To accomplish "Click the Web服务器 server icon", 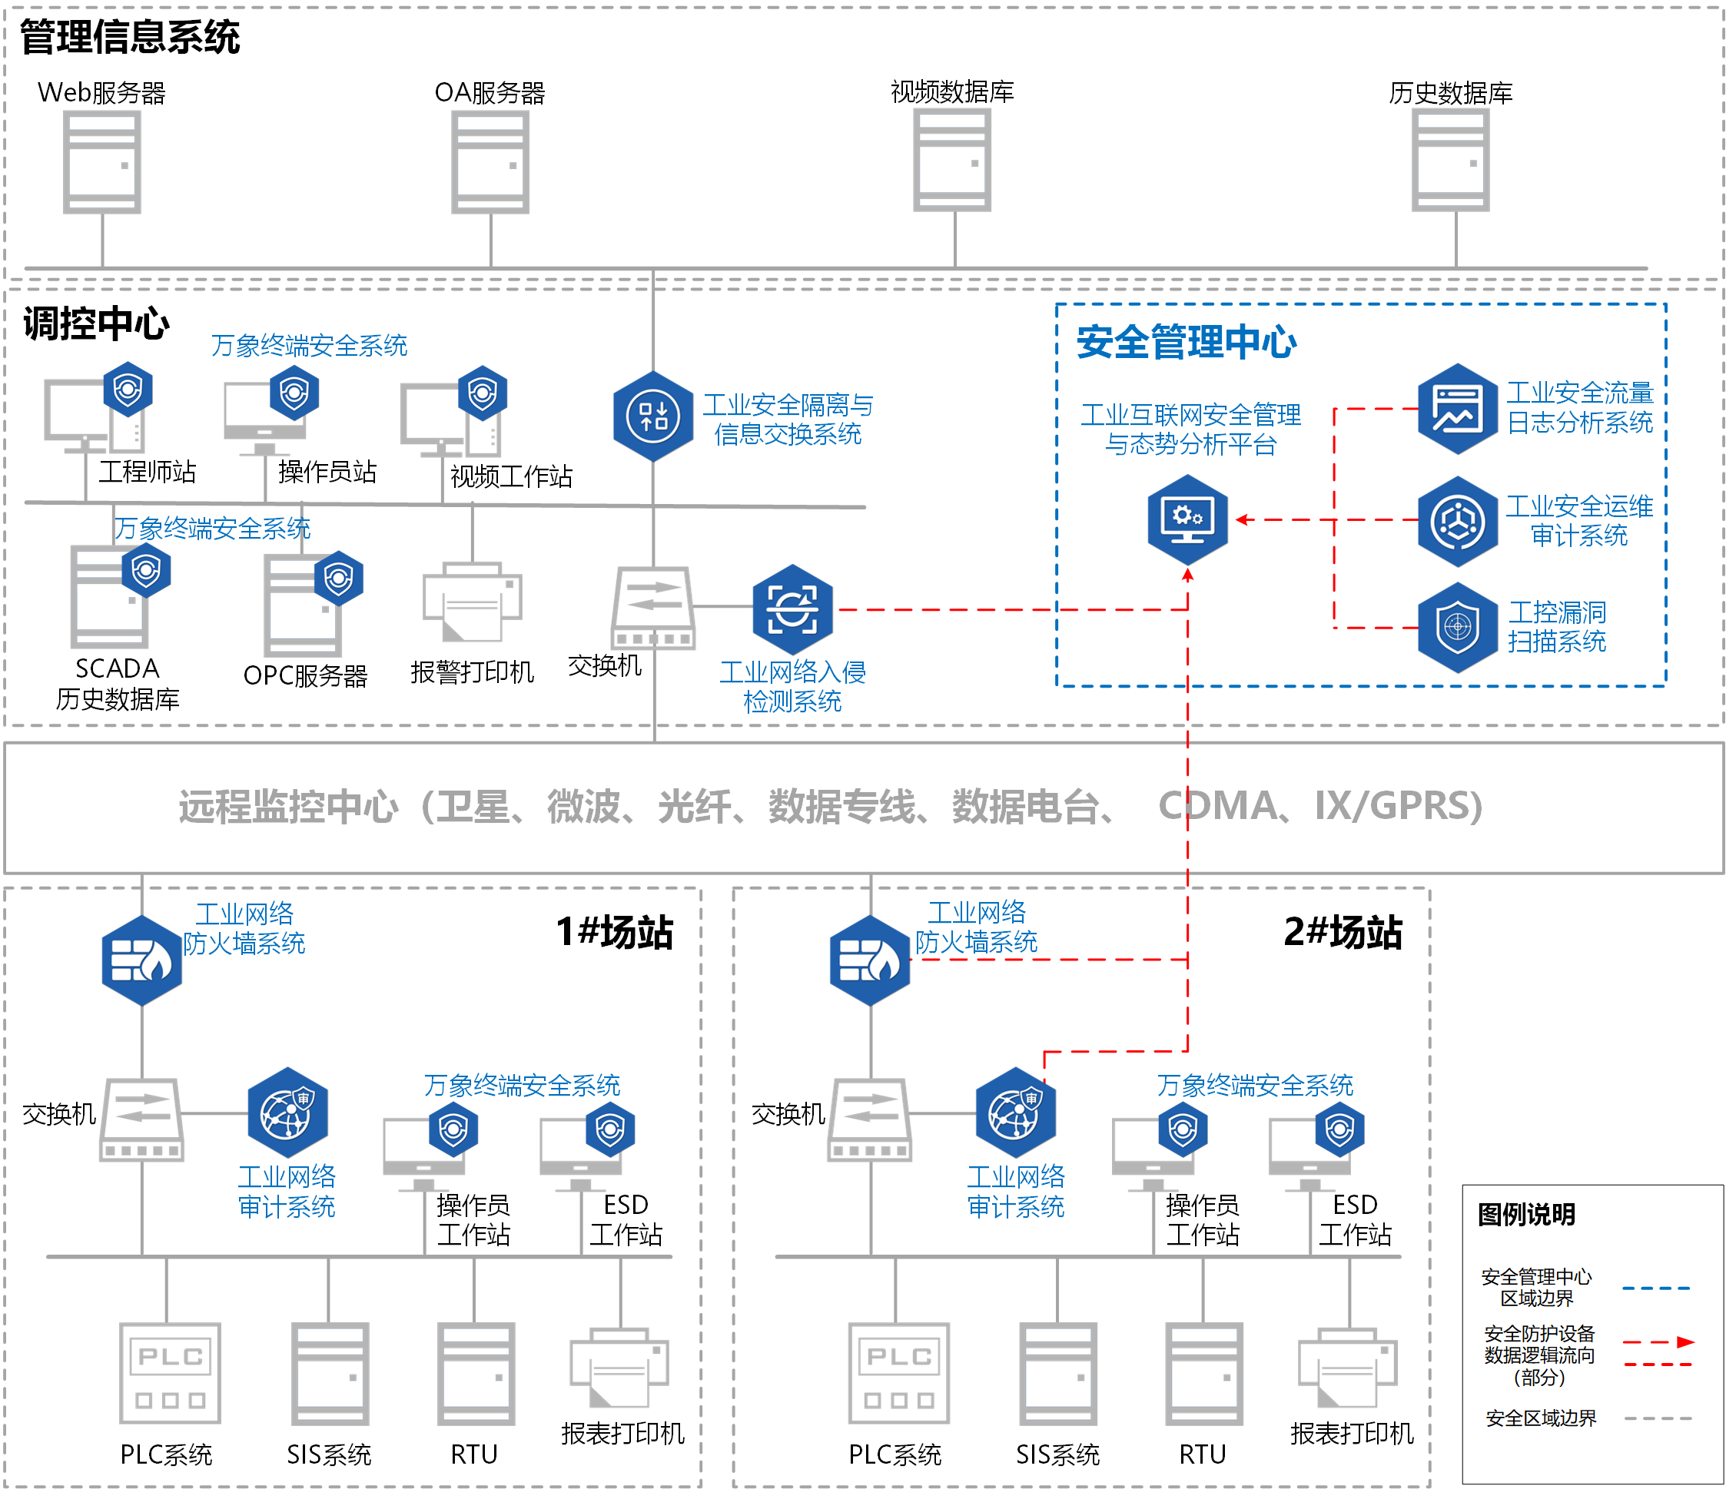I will (101, 162).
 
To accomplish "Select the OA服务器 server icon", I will (490, 162).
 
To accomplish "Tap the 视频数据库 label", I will (951, 91).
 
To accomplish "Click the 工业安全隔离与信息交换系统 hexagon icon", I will (653, 416).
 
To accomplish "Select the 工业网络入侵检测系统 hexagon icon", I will (792, 609).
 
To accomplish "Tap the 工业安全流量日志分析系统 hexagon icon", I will (1457, 408).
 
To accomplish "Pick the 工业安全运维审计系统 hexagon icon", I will (1457, 522).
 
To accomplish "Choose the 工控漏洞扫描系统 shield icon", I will (1457, 626).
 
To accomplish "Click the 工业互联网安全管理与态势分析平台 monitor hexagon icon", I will (1187, 519).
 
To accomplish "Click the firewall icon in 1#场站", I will (141, 960).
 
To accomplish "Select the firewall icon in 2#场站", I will (870, 960).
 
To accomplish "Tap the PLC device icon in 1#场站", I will (170, 1372).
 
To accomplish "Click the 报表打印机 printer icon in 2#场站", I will (1348, 1368).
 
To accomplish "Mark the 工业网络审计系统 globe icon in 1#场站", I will (287, 1113).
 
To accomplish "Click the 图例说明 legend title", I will (1525, 1214).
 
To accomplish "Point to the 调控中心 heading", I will (96, 323).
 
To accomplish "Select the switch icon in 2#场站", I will (870, 1119).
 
